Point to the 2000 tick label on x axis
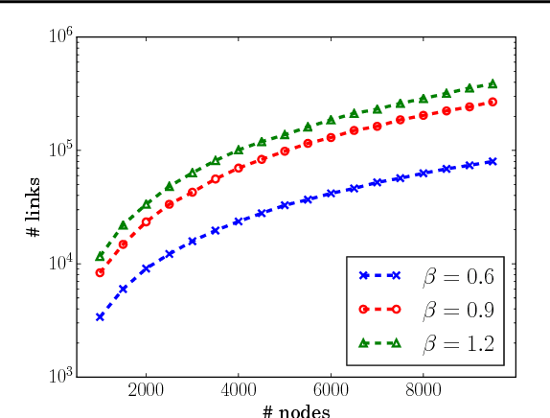(x=146, y=390)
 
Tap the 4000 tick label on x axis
(x=239, y=390)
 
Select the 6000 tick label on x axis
(x=331, y=390)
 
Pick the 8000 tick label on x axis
(x=424, y=390)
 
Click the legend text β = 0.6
(x=458, y=278)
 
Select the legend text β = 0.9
(x=458, y=311)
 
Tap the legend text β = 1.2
(x=458, y=343)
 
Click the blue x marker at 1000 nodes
(x=100, y=316)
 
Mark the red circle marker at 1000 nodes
(x=100, y=272)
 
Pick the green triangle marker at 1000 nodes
(x=100, y=256)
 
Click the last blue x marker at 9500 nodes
(x=493, y=161)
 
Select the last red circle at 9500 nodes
(x=493, y=102)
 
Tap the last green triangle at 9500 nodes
(x=493, y=84)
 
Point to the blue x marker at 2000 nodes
(x=146, y=268)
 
